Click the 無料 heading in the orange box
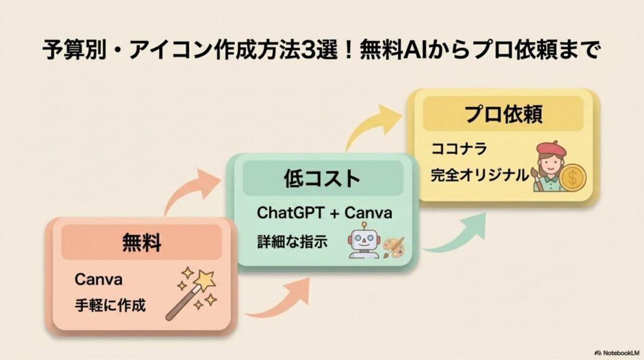click(x=142, y=242)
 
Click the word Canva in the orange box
click(x=98, y=279)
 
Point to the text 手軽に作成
click(x=110, y=307)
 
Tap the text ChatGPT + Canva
click(x=325, y=213)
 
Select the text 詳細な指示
click(x=292, y=242)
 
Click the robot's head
click(x=365, y=239)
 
